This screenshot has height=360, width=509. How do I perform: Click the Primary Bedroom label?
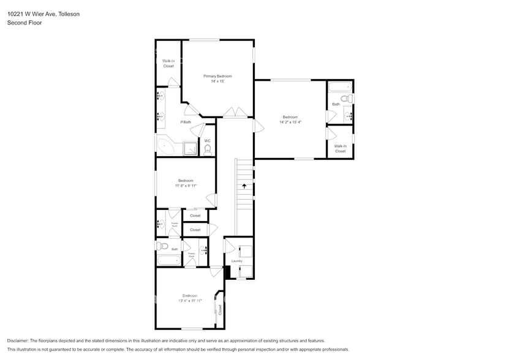[217, 76]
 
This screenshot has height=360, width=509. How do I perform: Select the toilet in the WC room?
[207, 148]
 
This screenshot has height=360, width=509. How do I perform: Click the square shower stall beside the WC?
[190, 148]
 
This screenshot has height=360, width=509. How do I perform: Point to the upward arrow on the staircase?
[244, 184]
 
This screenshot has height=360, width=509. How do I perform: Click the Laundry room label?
[236, 261]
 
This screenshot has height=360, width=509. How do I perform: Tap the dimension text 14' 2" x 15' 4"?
[290, 122]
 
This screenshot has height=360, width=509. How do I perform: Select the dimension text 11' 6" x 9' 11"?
[186, 186]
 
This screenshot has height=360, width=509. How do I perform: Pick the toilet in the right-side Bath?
[347, 98]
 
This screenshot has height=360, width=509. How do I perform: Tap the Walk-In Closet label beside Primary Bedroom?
[168, 63]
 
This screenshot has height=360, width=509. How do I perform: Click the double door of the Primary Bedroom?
[235, 113]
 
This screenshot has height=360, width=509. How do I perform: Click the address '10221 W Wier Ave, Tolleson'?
[43, 13]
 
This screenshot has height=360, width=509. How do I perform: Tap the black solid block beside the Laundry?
[227, 272]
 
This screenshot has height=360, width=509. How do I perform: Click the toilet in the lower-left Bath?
[162, 246]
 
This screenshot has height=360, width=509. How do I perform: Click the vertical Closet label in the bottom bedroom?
[219, 309]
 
